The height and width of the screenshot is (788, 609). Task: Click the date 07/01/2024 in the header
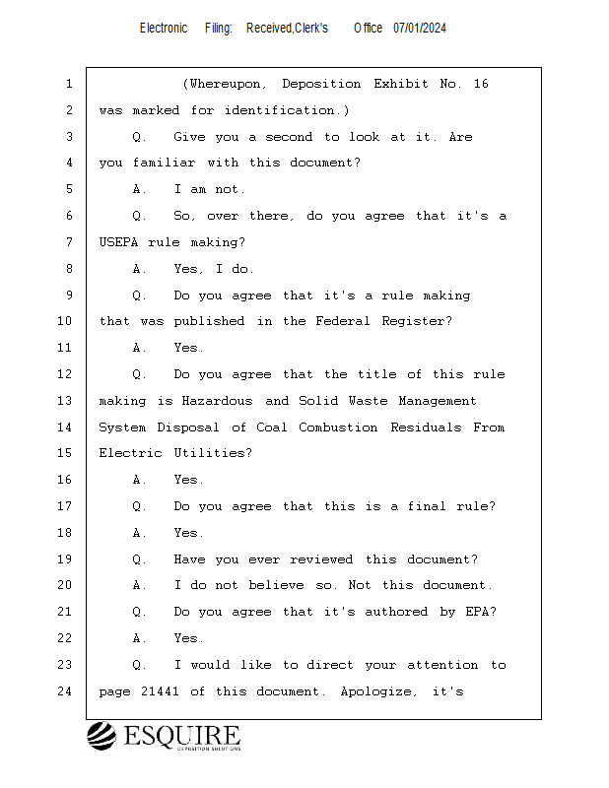point(420,29)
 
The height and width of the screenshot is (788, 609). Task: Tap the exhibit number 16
point(481,84)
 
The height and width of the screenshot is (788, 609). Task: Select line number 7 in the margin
point(69,242)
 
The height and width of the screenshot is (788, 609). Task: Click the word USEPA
point(118,242)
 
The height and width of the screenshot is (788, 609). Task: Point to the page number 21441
point(160,691)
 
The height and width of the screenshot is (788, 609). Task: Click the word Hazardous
point(217,401)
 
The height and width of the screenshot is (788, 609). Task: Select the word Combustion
point(338,427)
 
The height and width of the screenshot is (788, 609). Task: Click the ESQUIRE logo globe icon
point(101,736)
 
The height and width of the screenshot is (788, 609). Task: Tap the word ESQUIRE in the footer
point(182,736)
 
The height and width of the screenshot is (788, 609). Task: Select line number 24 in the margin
point(65,691)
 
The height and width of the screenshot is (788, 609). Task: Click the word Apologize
point(376,692)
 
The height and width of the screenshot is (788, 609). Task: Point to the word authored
point(396,612)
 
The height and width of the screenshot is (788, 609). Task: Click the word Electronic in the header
point(164,29)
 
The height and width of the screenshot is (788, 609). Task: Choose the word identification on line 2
point(280,110)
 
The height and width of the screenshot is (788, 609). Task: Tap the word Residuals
point(426,427)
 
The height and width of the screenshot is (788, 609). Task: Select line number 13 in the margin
point(65,401)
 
